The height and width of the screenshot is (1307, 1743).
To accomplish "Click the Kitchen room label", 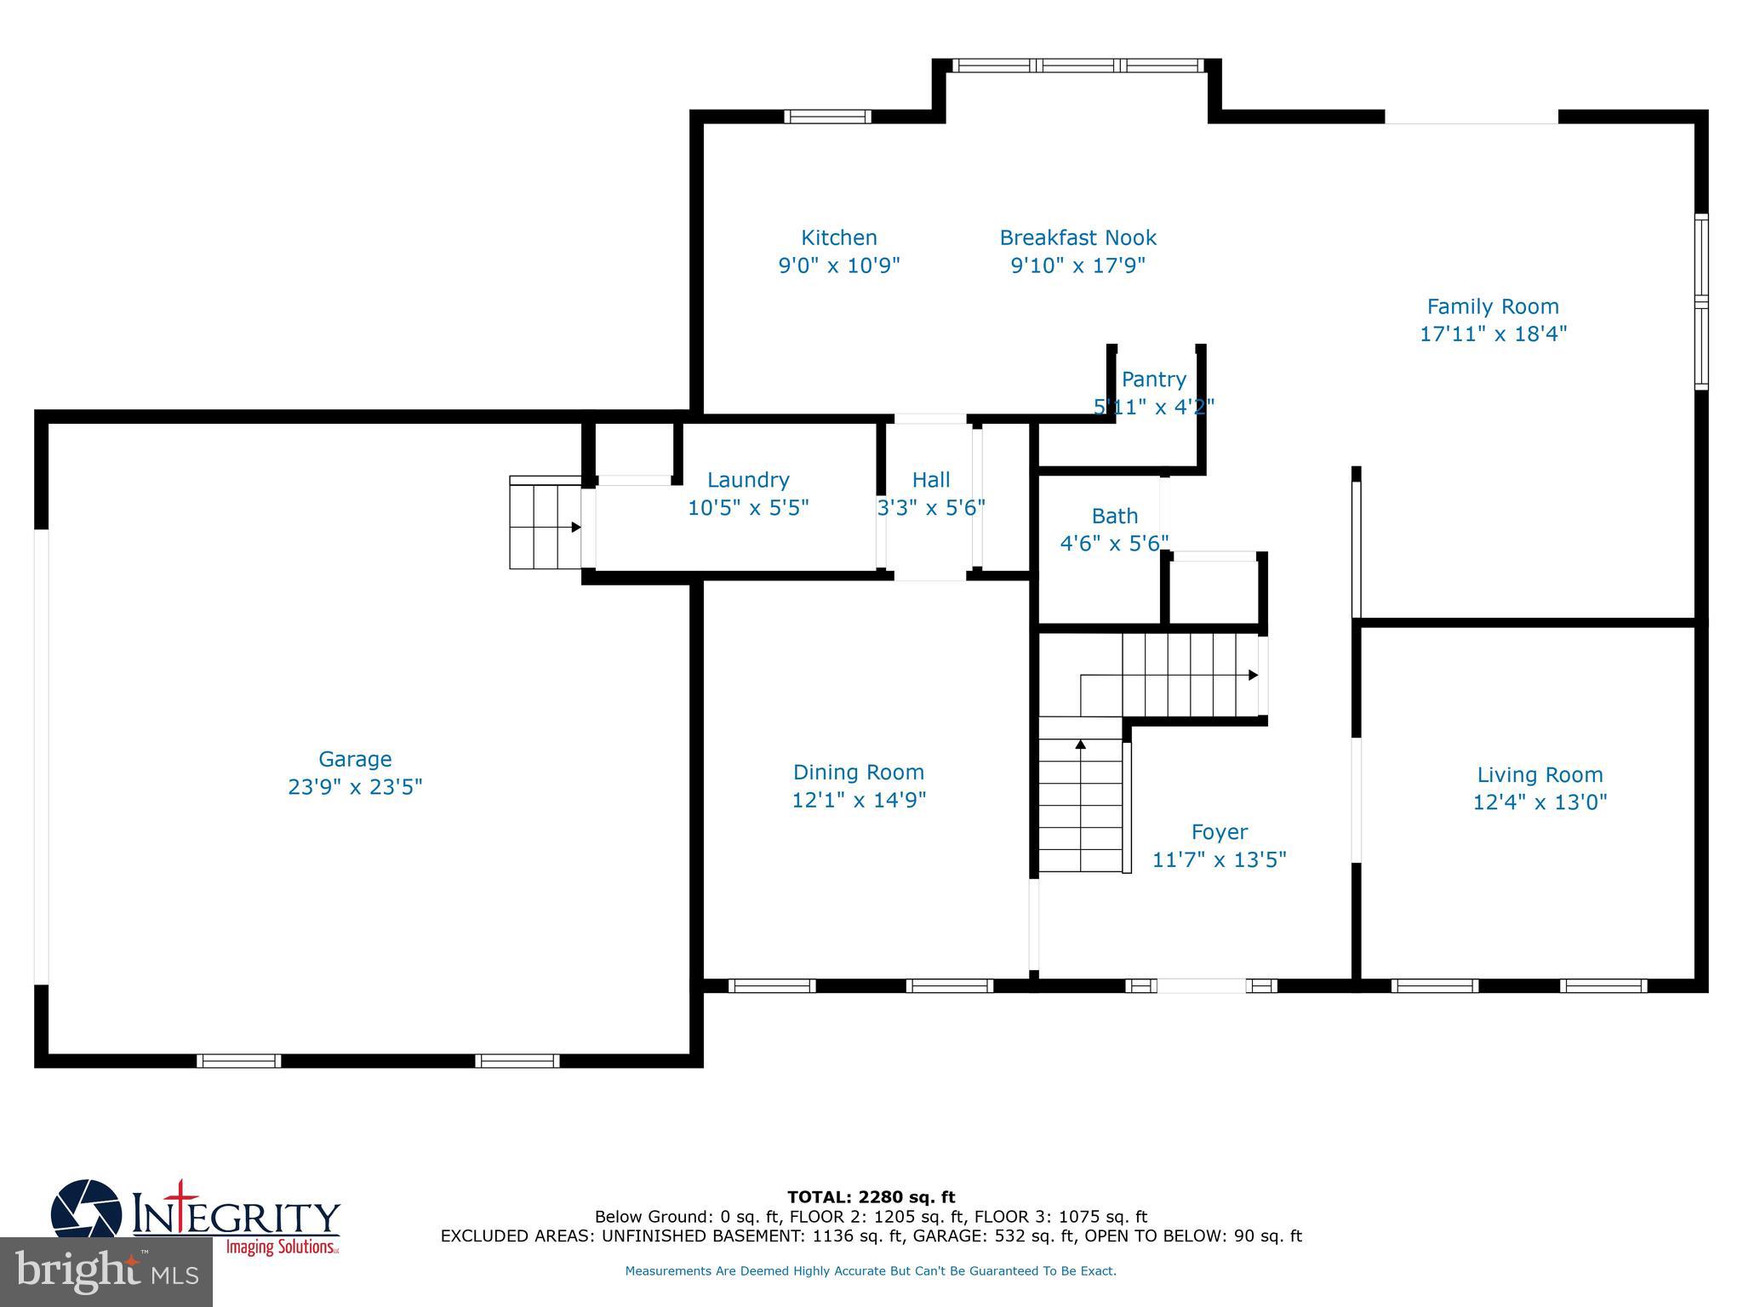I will [x=838, y=237].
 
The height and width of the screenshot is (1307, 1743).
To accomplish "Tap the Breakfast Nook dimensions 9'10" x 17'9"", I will [x=1077, y=265].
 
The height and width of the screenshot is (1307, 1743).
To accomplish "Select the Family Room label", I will [x=1493, y=306].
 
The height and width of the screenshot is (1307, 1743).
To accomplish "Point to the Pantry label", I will [x=1153, y=380].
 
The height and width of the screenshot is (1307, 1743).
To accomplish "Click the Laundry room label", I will [x=748, y=480].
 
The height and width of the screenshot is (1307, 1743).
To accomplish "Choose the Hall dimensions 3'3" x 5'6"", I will [x=931, y=508].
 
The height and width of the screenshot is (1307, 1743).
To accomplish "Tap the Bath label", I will [x=1114, y=516].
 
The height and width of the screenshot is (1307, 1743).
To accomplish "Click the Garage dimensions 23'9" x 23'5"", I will [x=355, y=787].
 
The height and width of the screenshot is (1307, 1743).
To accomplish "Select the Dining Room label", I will [x=858, y=772].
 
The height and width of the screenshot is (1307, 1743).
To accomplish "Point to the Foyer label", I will [x=1219, y=831].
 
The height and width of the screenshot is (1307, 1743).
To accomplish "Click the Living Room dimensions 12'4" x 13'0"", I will [x=1540, y=802].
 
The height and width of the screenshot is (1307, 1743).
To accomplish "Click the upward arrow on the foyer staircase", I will [x=1081, y=745].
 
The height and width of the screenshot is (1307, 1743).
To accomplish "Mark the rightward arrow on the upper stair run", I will [x=1253, y=675].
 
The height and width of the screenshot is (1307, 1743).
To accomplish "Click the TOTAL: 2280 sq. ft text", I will [x=871, y=1197].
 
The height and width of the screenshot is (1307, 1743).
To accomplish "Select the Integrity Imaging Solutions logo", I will [x=196, y=1217].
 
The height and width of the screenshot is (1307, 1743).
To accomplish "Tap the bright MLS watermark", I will [x=106, y=1272].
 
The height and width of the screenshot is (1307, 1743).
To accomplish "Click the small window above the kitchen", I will [x=827, y=117].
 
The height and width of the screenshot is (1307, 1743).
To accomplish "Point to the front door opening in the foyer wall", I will [x=1201, y=985].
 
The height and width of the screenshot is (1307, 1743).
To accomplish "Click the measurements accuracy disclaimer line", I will [x=871, y=1271].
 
